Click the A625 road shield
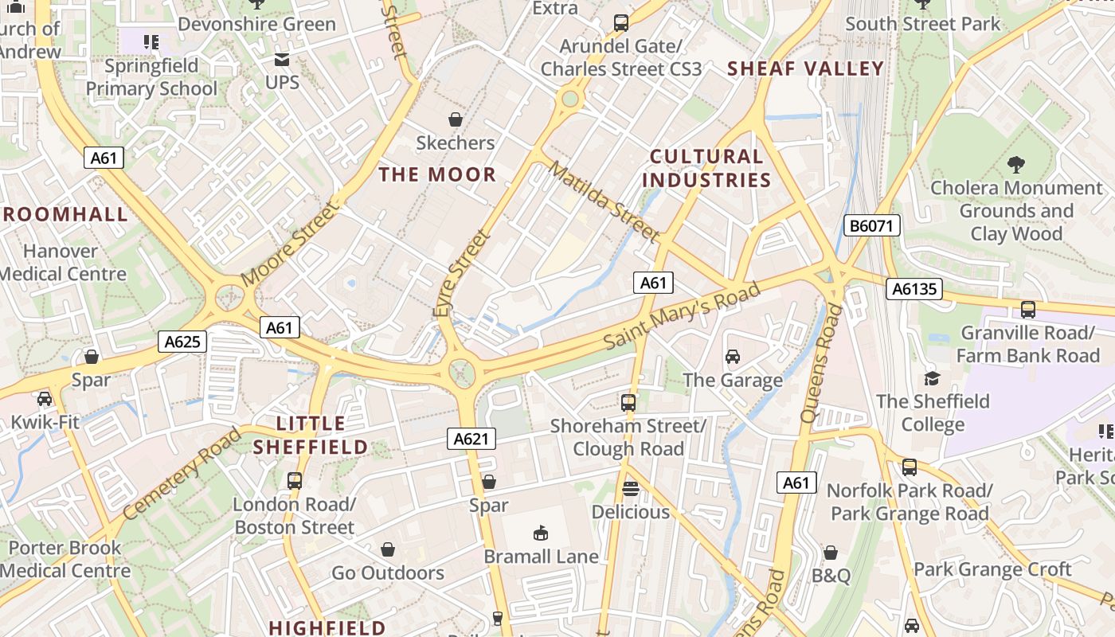pos(182,342)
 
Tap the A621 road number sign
pos(471,438)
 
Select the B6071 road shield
pos(872,226)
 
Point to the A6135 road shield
pos(914,289)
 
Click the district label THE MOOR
pos(437,174)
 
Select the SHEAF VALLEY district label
pos(806,68)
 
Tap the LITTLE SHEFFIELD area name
pos(311,435)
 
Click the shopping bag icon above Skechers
pos(456,119)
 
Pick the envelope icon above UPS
pos(282,60)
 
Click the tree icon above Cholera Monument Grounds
pos(1016,165)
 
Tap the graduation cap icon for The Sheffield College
pos(932,378)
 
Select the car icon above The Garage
pos(733,357)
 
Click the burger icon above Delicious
pos(631,488)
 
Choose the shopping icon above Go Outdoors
pos(388,549)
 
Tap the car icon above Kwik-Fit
pos(45,398)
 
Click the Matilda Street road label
pos(604,202)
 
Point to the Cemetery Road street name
pos(182,473)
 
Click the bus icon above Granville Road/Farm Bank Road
pos(1028,309)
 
